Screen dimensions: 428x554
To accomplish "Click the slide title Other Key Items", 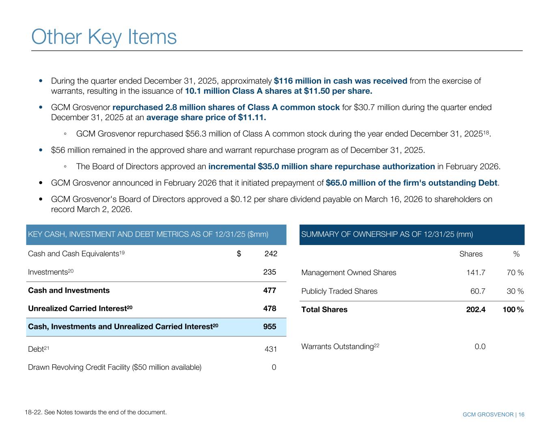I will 104,37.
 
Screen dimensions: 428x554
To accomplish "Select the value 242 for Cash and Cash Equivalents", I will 271,254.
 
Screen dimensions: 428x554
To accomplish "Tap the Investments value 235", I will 269,272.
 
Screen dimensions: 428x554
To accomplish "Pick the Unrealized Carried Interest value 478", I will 269,308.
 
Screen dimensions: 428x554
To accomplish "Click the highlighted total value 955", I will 269,327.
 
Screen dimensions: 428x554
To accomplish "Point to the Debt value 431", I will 270,349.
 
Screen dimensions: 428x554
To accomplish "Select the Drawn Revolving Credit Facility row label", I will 114,368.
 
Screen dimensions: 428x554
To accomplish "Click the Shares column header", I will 471,254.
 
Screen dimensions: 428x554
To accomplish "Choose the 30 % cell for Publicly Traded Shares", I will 515,291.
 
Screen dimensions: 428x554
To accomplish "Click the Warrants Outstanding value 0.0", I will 480,346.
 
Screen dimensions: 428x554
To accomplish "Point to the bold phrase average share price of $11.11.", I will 206,118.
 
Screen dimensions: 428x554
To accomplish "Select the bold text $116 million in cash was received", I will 341,81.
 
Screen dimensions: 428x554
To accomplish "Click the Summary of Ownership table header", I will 387,234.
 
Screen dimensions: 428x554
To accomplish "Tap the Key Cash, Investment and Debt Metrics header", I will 148,234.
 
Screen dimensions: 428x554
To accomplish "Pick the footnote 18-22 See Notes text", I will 96,413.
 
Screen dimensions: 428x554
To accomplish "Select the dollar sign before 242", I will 239,254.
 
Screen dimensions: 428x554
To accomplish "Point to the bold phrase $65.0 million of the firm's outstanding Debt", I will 412,183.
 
